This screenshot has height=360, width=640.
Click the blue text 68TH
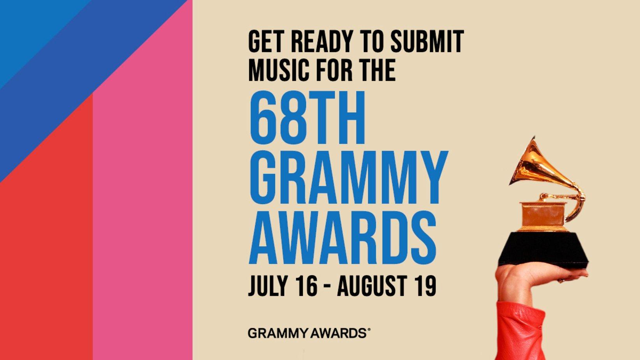tap(307, 118)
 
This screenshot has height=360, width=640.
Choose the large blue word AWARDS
tap(343, 238)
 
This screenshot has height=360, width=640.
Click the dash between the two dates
tap(327, 287)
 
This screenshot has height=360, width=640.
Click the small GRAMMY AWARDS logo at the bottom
tap(309, 333)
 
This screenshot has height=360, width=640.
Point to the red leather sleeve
tap(520, 331)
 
